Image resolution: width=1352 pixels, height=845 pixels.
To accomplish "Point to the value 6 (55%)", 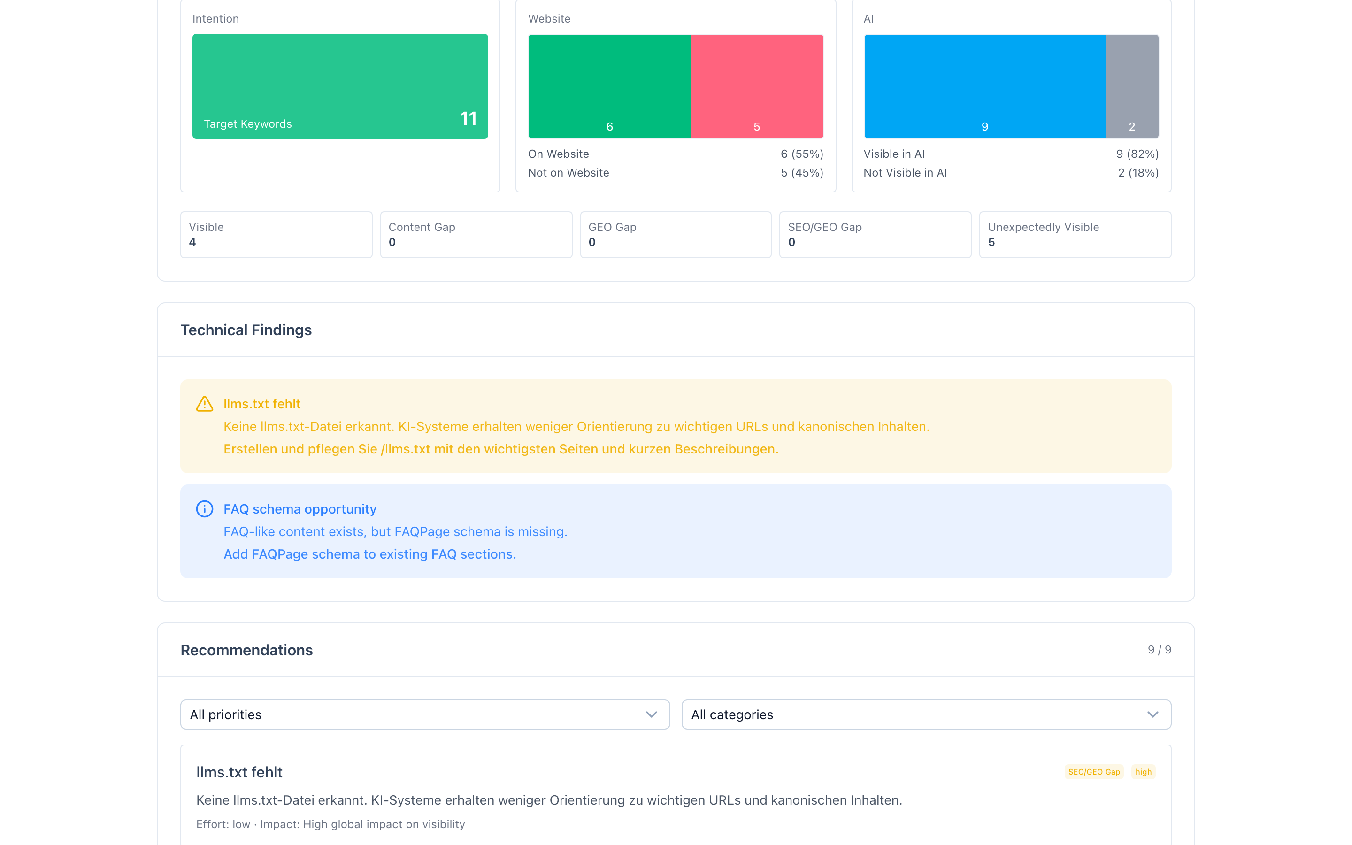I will point(802,154).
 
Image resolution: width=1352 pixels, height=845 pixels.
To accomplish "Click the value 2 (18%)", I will point(1138,173).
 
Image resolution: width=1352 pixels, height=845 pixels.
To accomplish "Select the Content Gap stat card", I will point(476,235).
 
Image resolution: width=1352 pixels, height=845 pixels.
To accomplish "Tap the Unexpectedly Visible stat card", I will point(1075,235).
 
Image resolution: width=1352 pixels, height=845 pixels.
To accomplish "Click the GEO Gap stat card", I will point(676,235).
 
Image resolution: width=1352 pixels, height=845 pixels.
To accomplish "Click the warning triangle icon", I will point(205,404).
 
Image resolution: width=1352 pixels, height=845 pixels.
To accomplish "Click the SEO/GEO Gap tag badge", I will point(1094,772).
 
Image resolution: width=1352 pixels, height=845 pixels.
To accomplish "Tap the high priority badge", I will point(1143,772).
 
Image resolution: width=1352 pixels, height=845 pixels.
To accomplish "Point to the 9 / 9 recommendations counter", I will point(1159,649).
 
